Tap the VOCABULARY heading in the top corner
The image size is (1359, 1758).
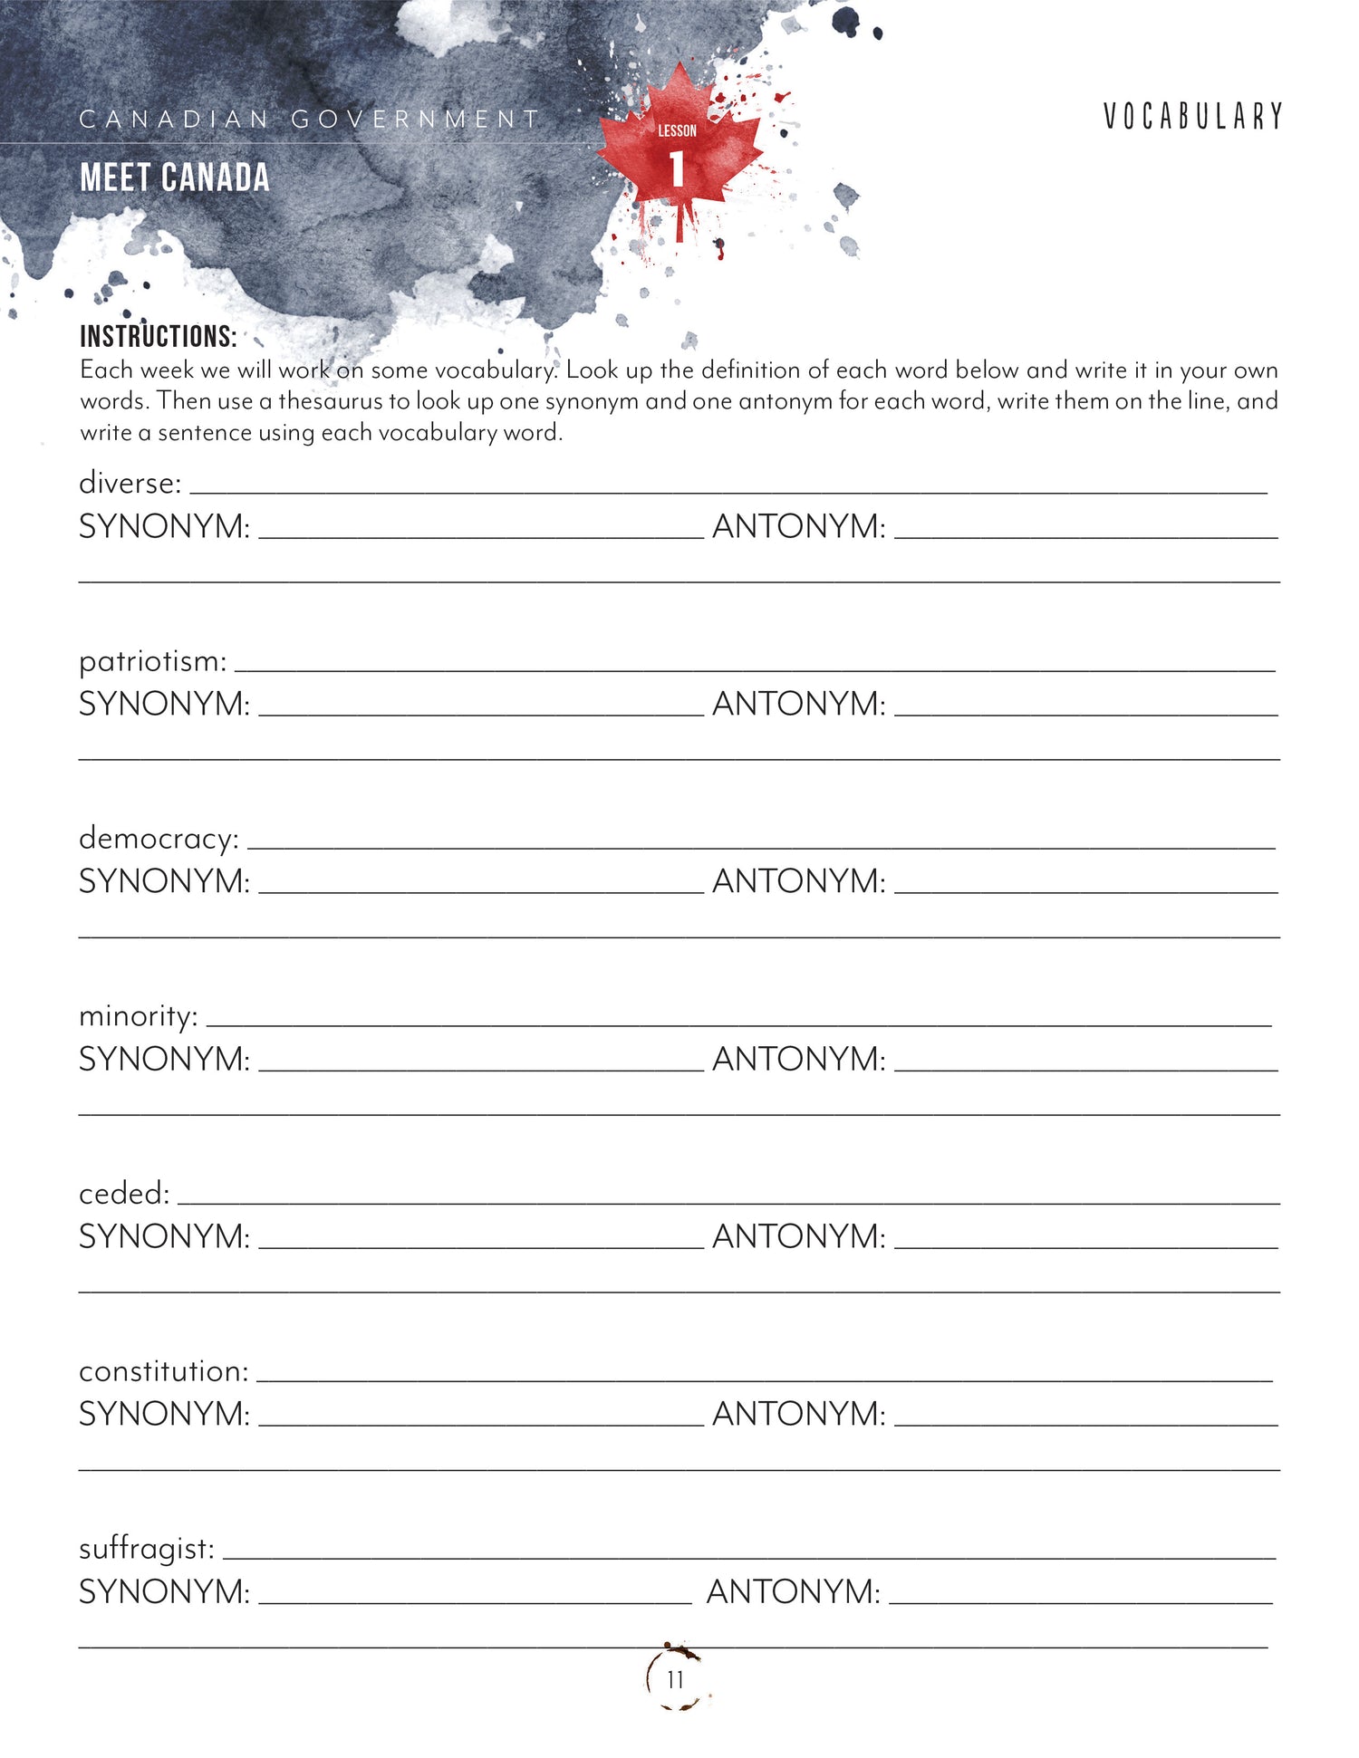tap(1192, 117)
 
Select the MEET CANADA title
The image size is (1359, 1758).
tap(175, 178)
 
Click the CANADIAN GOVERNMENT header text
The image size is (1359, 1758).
tap(309, 120)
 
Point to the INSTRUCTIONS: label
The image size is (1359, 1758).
tap(158, 337)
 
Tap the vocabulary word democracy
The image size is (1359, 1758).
tap(159, 839)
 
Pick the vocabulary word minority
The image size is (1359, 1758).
tap(138, 1016)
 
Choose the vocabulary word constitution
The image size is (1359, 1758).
tap(163, 1371)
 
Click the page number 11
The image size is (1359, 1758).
tap(675, 1680)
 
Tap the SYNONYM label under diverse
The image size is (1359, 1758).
tap(164, 526)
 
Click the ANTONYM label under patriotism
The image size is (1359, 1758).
tap(799, 704)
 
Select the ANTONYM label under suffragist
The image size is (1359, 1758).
tap(793, 1591)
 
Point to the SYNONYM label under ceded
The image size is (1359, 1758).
tap(164, 1236)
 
